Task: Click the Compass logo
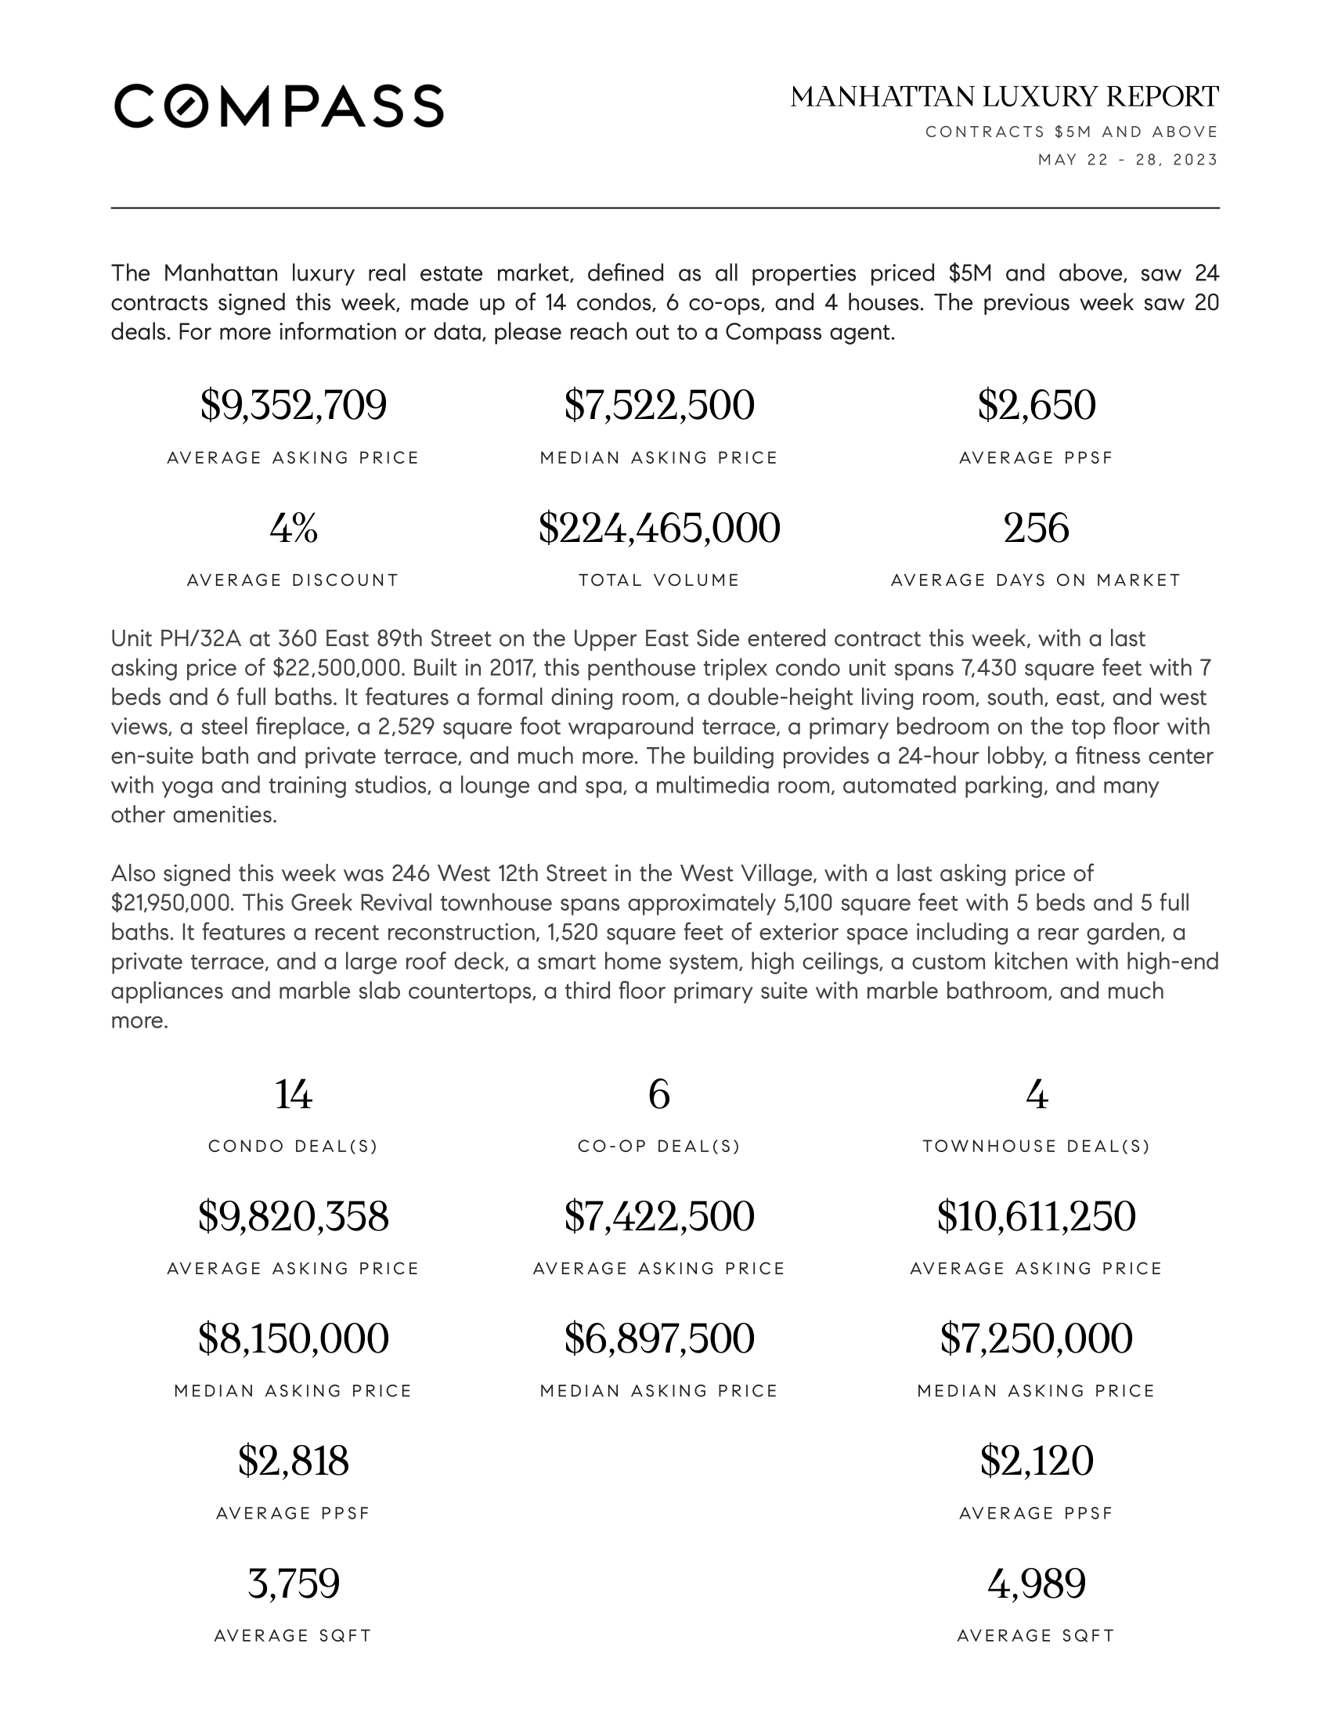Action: point(279,106)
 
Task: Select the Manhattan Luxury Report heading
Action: point(1004,97)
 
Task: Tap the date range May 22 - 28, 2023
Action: point(1127,160)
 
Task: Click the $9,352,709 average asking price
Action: point(294,406)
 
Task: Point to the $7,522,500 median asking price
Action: point(659,406)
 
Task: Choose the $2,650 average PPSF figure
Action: point(1036,406)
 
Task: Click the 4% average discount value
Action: point(294,528)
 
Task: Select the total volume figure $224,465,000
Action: point(659,528)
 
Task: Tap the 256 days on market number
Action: point(1036,528)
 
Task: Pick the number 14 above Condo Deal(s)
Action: point(294,1095)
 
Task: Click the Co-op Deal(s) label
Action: point(659,1147)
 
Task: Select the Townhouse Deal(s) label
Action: point(1036,1147)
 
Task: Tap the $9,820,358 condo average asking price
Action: point(294,1216)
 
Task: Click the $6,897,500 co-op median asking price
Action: point(659,1338)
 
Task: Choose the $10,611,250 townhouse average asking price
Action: point(1036,1216)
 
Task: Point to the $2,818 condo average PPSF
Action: point(294,1461)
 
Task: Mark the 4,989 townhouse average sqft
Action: point(1036,1584)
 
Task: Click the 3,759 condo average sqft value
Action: point(294,1584)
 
